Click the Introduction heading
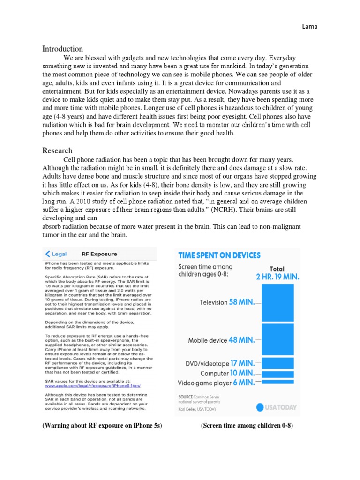(x=63, y=49)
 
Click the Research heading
(x=57, y=150)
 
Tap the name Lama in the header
(x=310, y=27)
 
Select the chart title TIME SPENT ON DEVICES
(x=219, y=255)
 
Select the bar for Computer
(x=277, y=374)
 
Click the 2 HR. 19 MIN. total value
(x=277, y=277)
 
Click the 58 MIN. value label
(x=242, y=302)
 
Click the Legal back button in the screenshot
(x=56, y=254)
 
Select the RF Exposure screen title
(x=99, y=254)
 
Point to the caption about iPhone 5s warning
(x=102, y=426)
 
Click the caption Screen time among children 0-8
(x=247, y=426)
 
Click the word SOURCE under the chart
(x=187, y=396)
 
